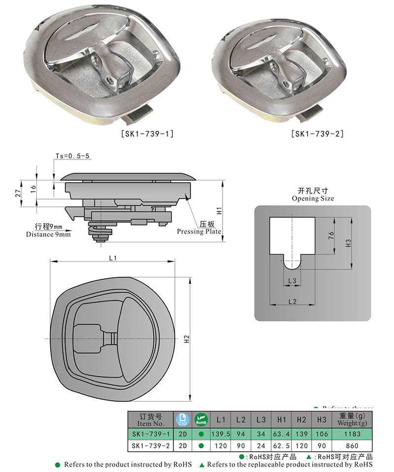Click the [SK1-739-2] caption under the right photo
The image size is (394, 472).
coord(317,133)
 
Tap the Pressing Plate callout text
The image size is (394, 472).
coord(199,231)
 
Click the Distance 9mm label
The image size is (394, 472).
coord(48,234)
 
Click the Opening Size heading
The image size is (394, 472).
coord(312,198)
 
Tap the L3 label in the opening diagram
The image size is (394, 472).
coord(292,280)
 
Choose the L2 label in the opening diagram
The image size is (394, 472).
coord(292,300)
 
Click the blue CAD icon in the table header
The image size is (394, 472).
coord(182,419)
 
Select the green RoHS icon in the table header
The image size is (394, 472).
coord(201,419)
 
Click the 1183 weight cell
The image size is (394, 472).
coord(352,434)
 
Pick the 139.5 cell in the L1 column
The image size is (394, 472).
coord(221,434)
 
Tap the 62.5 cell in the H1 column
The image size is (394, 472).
coord(282,446)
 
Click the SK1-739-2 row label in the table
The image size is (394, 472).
coord(152,446)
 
